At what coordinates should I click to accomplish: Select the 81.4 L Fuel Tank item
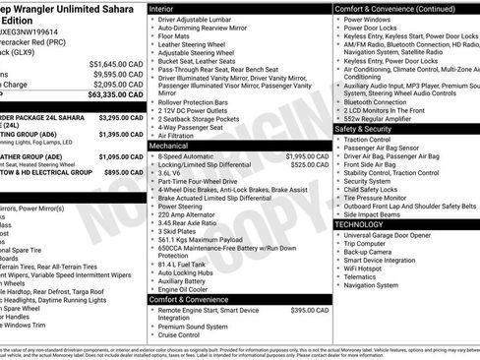pos(184,264)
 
